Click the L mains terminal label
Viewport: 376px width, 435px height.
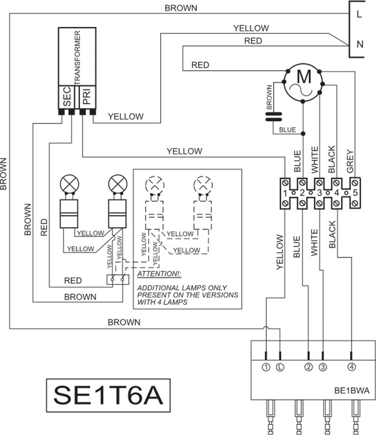tap(359, 14)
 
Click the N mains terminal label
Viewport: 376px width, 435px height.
tap(359, 44)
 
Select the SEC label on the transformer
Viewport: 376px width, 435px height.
tap(67, 97)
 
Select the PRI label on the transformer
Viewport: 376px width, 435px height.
tap(87, 97)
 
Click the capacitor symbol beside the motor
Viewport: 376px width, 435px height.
tap(274, 117)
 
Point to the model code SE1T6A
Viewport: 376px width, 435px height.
tap(108, 395)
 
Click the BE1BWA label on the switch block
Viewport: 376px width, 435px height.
tap(352, 391)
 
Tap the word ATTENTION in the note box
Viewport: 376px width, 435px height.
tap(159, 274)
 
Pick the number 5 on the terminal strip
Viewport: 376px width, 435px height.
tap(355, 193)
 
